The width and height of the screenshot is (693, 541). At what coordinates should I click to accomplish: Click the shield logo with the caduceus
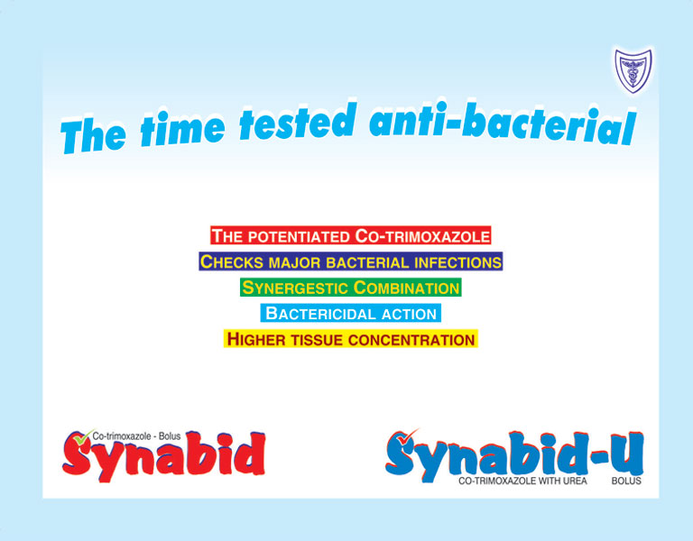click(633, 70)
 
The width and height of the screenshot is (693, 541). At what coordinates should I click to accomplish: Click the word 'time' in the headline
click(182, 128)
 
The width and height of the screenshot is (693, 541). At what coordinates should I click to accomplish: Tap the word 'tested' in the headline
click(297, 121)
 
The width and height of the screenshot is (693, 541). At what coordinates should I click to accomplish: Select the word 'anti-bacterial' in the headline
click(503, 124)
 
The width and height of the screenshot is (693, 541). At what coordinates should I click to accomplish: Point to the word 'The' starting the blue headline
click(93, 133)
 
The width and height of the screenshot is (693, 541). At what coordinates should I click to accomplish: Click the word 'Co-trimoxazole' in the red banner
click(422, 236)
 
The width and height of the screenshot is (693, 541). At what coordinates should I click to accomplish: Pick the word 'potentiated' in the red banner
click(299, 237)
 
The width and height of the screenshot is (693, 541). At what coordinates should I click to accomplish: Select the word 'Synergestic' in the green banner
click(296, 288)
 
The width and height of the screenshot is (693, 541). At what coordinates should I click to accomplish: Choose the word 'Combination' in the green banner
click(407, 288)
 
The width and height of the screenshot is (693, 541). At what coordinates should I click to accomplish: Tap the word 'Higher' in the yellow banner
click(256, 339)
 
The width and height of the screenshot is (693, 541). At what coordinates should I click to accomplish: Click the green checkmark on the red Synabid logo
click(83, 437)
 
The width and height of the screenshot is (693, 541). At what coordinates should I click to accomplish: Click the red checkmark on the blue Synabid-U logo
click(408, 436)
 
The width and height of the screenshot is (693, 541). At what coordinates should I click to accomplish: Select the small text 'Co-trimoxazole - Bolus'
click(136, 436)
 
